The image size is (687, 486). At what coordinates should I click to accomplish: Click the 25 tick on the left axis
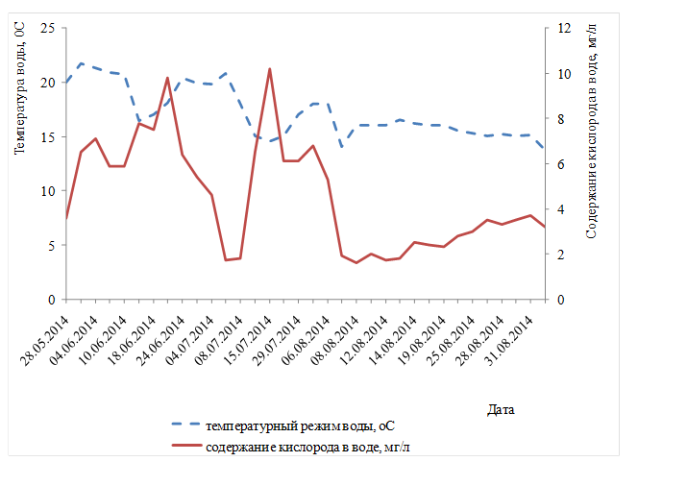(x=48, y=29)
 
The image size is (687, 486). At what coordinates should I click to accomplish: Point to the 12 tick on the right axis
(x=565, y=29)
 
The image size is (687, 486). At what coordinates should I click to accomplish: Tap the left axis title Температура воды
(x=20, y=88)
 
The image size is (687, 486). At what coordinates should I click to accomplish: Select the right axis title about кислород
(x=591, y=132)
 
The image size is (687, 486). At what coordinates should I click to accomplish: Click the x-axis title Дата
(x=501, y=410)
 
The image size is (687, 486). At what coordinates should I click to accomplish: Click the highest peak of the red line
(x=269, y=69)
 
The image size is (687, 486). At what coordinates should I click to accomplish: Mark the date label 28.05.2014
(x=45, y=341)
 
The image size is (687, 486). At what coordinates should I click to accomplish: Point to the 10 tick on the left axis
(x=48, y=191)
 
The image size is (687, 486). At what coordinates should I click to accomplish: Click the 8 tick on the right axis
(x=561, y=119)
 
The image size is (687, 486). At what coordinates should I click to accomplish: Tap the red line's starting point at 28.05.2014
(x=66, y=218)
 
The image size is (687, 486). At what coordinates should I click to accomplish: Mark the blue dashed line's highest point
(x=81, y=63)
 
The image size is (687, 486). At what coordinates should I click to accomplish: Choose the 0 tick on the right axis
(x=561, y=300)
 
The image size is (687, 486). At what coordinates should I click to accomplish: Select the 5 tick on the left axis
(x=52, y=246)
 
